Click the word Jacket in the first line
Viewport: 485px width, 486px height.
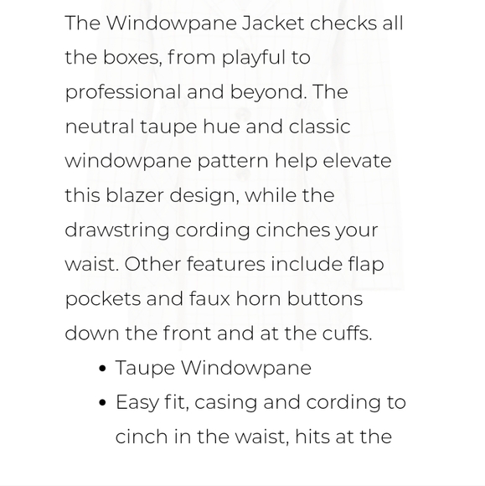pos(273,23)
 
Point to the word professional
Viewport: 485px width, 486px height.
pos(122,92)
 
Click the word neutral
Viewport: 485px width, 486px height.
pos(99,127)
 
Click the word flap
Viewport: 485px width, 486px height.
pos(366,264)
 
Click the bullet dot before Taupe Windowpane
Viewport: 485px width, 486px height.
pos(102,369)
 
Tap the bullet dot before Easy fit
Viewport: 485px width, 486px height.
pos(102,403)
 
